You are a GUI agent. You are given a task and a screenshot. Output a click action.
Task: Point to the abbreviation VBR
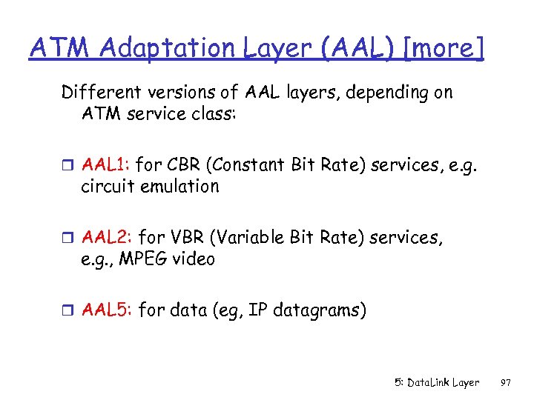point(182,237)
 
